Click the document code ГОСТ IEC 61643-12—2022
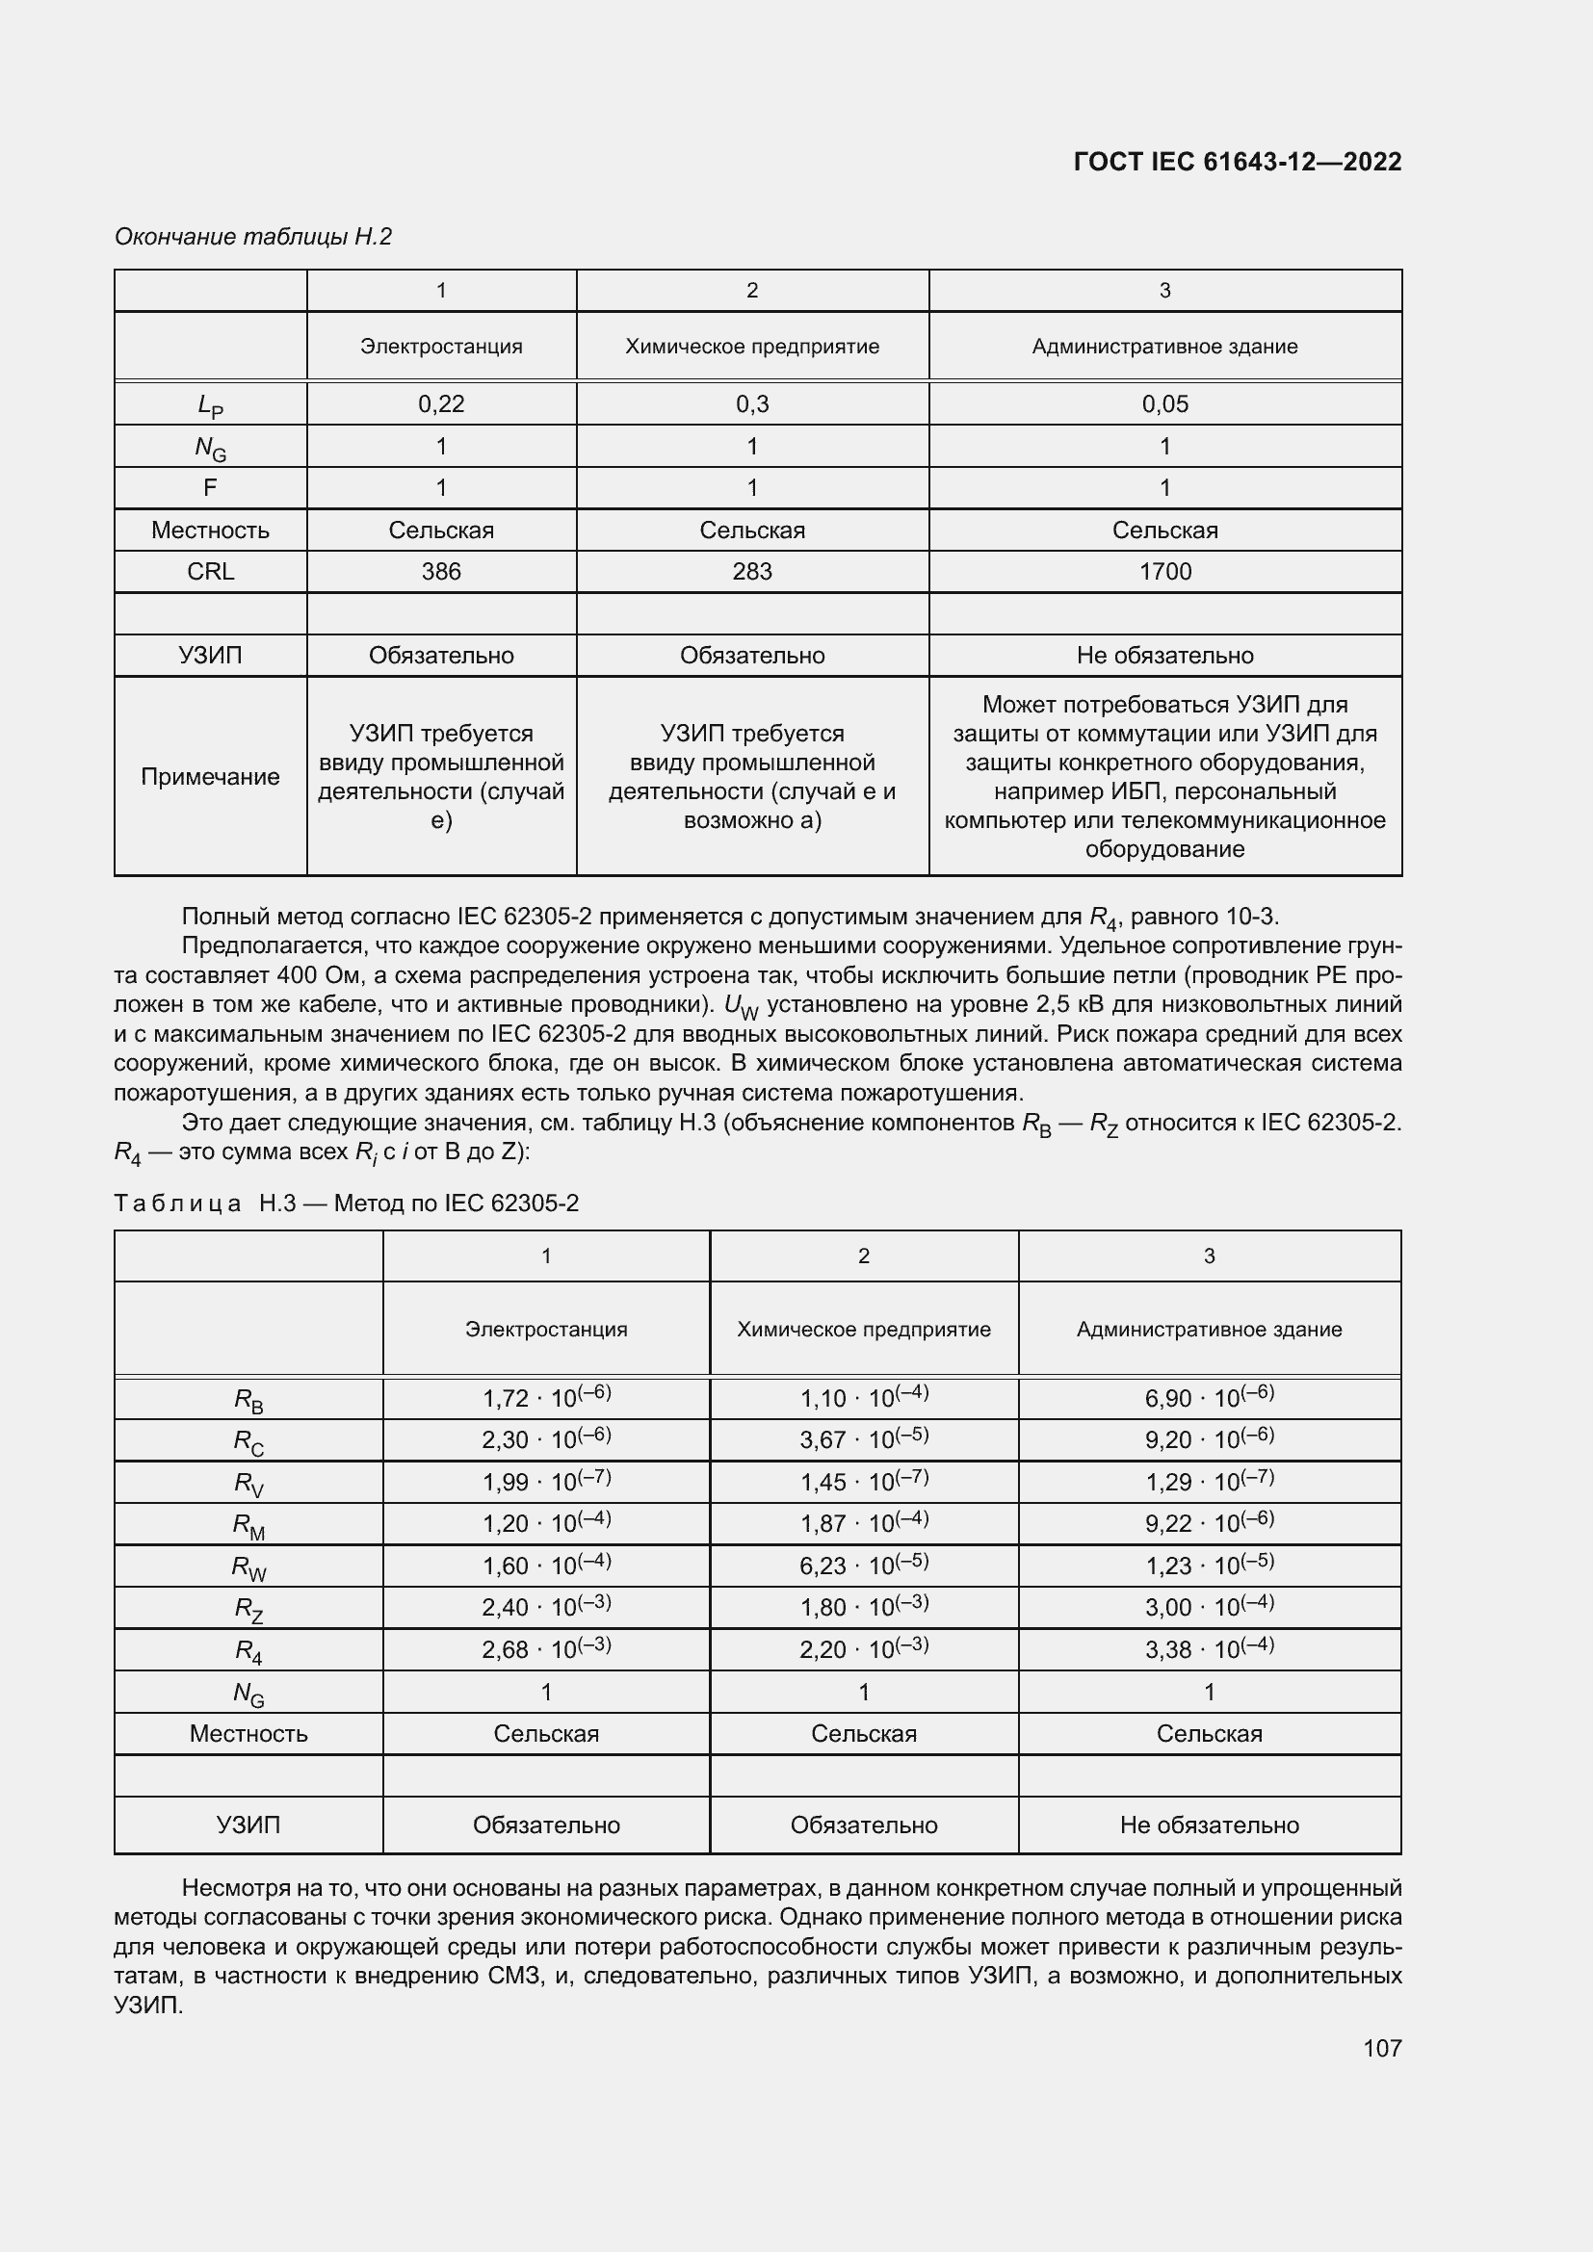coord(1237,162)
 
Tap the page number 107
coord(1381,2048)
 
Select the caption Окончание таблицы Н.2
coord(253,237)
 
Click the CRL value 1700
coord(1164,572)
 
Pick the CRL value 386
coord(440,572)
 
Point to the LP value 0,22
coord(440,404)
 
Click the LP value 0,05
coord(1164,404)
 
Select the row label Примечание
coord(210,777)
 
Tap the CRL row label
coord(210,572)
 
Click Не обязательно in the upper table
coord(1164,656)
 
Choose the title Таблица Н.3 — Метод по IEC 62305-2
coord(347,1204)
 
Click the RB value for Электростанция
coord(545,1398)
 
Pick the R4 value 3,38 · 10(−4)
coord(1209,1650)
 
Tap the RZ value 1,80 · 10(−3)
coord(863,1608)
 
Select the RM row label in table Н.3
coord(248,1525)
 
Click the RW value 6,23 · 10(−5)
coord(863,1566)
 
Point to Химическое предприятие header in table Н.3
coord(863,1329)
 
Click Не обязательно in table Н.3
coord(1209,1825)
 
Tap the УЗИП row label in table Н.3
coord(248,1825)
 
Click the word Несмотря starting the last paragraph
coord(223,1888)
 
